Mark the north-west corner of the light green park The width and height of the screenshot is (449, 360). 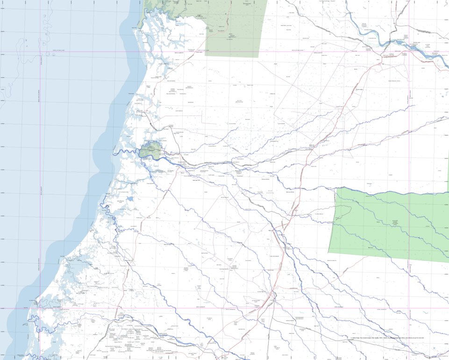click(336, 188)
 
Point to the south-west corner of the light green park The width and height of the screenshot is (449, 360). click(329, 252)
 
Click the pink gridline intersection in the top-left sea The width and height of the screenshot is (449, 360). click(41, 52)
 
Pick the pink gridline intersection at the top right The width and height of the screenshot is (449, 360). click(409, 51)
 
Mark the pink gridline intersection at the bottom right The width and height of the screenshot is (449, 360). click(409, 308)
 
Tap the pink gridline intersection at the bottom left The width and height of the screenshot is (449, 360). click(41, 308)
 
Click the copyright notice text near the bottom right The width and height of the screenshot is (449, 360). click(387, 337)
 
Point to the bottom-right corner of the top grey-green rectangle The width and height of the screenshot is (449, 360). click(258, 58)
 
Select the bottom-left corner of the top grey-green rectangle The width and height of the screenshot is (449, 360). click(205, 56)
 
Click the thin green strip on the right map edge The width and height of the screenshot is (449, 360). click(448, 171)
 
